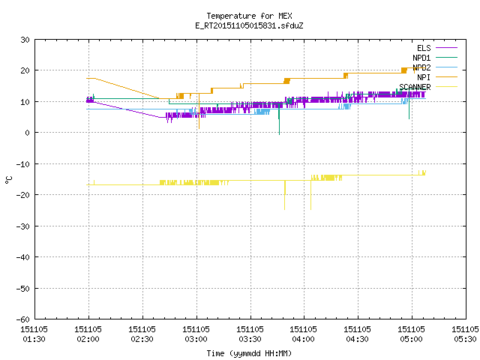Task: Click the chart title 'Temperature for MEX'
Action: click(249, 16)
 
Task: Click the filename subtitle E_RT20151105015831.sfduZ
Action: click(249, 25)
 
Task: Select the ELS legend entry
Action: click(424, 48)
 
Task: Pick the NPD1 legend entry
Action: click(421, 58)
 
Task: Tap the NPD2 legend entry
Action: click(421, 67)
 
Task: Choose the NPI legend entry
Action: click(424, 77)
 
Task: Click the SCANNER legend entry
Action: click(415, 87)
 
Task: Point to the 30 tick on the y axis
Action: click(25, 40)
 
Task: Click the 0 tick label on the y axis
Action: click(27, 133)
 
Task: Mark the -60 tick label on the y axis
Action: click(22, 319)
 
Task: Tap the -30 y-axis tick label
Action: click(22, 226)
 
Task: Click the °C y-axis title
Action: click(9, 180)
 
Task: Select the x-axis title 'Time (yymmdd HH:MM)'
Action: click(249, 353)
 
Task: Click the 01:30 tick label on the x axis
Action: click(34, 339)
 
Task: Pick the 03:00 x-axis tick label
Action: click(196, 339)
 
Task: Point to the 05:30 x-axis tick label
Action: click(465, 339)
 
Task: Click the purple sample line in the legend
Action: click(446, 48)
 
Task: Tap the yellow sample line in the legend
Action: click(446, 87)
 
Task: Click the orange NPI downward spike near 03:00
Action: click(199, 111)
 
